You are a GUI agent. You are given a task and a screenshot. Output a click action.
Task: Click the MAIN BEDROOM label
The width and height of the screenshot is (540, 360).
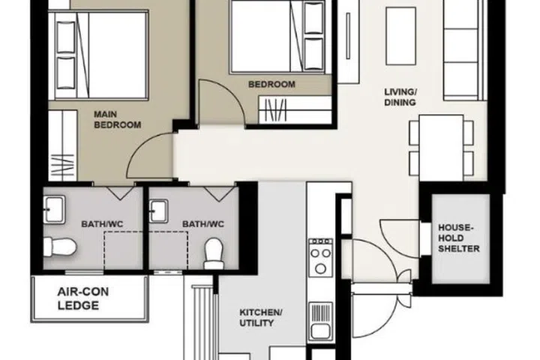click(x=117, y=120)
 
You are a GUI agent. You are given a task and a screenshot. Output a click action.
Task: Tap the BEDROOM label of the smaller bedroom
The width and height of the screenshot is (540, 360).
click(x=271, y=85)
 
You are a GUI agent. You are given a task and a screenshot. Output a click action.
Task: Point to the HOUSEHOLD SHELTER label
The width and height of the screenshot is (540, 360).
click(x=459, y=238)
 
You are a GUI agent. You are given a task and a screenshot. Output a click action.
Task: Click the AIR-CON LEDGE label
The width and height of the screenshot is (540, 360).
click(x=88, y=299)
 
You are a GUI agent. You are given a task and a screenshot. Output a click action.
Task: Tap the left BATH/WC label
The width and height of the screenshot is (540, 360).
click(x=100, y=223)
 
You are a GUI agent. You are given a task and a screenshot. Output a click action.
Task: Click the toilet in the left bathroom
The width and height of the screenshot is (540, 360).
click(x=58, y=245)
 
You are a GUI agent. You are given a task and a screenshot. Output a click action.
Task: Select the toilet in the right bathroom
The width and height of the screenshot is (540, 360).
click(x=214, y=252)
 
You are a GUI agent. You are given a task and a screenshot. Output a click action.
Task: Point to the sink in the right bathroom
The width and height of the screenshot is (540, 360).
click(x=160, y=209)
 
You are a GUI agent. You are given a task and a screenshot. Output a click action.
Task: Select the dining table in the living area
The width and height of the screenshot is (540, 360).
click(x=441, y=146)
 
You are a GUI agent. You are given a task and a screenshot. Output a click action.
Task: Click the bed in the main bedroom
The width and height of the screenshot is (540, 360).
click(x=101, y=56)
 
